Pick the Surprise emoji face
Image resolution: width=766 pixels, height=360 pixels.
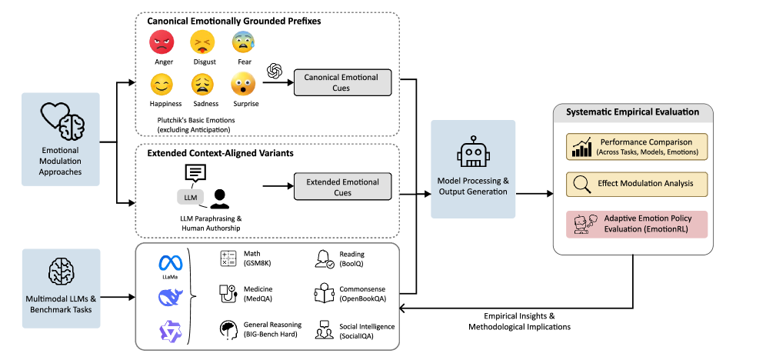pyautogui.click(x=245, y=84)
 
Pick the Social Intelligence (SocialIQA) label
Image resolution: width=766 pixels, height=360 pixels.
pyautogui.click(x=366, y=332)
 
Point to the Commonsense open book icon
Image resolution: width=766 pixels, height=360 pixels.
pyautogui.click(x=324, y=293)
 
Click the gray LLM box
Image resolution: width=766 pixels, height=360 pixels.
pyautogui.click(x=190, y=198)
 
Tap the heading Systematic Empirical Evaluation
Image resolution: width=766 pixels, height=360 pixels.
pyautogui.click(x=632, y=112)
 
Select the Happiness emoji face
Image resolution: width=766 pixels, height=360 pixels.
pyautogui.click(x=162, y=84)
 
